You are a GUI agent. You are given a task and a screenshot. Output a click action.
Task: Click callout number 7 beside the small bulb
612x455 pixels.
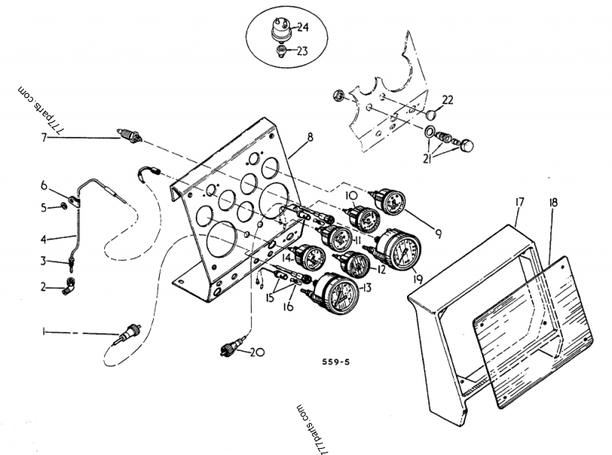(44, 138)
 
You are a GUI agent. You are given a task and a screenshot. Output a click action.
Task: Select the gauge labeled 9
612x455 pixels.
(386, 202)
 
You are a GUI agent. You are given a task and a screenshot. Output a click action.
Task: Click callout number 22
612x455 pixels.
(448, 100)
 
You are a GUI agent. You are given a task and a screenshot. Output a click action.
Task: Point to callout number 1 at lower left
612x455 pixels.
(44, 332)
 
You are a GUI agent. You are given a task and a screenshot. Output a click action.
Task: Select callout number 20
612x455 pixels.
(258, 352)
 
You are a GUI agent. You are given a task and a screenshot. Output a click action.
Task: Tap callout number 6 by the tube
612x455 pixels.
(44, 186)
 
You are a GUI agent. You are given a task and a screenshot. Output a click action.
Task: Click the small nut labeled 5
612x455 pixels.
(63, 206)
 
